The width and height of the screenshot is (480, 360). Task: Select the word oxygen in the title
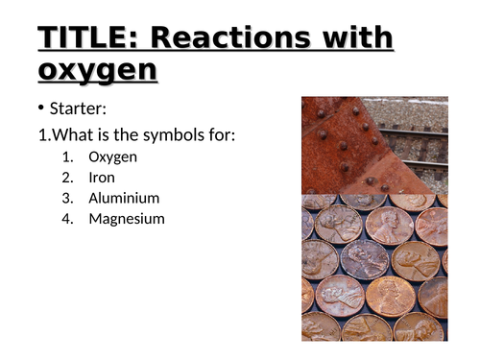pyautogui.click(x=98, y=70)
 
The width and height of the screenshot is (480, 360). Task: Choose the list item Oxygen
pyautogui.click(x=112, y=157)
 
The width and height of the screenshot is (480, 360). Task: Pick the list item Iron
pyautogui.click(x=102, y=178)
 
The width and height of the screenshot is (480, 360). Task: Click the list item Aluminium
pyautogui.click(x=124, y=198)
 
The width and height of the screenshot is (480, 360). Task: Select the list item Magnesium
pyautogui.click(x=127, y=219)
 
